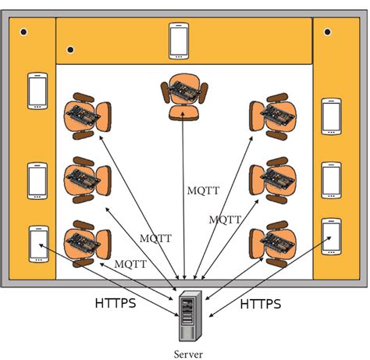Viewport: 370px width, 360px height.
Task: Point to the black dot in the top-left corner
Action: point(24,32)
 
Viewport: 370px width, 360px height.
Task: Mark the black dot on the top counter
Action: point(71,51)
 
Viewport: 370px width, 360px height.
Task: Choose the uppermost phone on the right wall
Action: point(332,116)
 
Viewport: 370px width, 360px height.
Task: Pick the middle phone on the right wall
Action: point(332,180)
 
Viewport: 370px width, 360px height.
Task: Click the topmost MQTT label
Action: point(203,190)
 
